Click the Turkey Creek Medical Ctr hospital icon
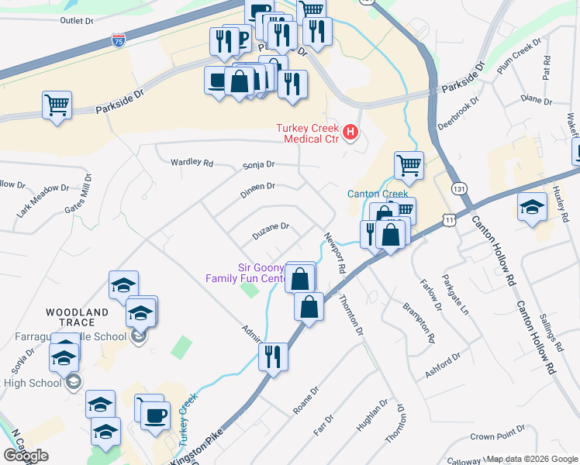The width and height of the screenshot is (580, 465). point(350,133)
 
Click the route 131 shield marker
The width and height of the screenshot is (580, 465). point(461,188)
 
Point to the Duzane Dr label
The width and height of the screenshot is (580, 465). point(270,227)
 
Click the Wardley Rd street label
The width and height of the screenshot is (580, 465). point(192,164)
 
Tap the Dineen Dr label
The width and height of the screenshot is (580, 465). point(258,187)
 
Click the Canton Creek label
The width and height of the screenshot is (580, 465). point(377,194)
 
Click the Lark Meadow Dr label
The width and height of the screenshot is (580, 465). point(43,200)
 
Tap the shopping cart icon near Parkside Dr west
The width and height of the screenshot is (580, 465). point(57,105)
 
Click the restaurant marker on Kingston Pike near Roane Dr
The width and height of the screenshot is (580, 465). point(273,356)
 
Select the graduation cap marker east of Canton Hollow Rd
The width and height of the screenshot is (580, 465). point(532,206)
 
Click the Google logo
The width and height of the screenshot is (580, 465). point(26,456)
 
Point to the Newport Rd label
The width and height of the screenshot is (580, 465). point(334,253)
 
